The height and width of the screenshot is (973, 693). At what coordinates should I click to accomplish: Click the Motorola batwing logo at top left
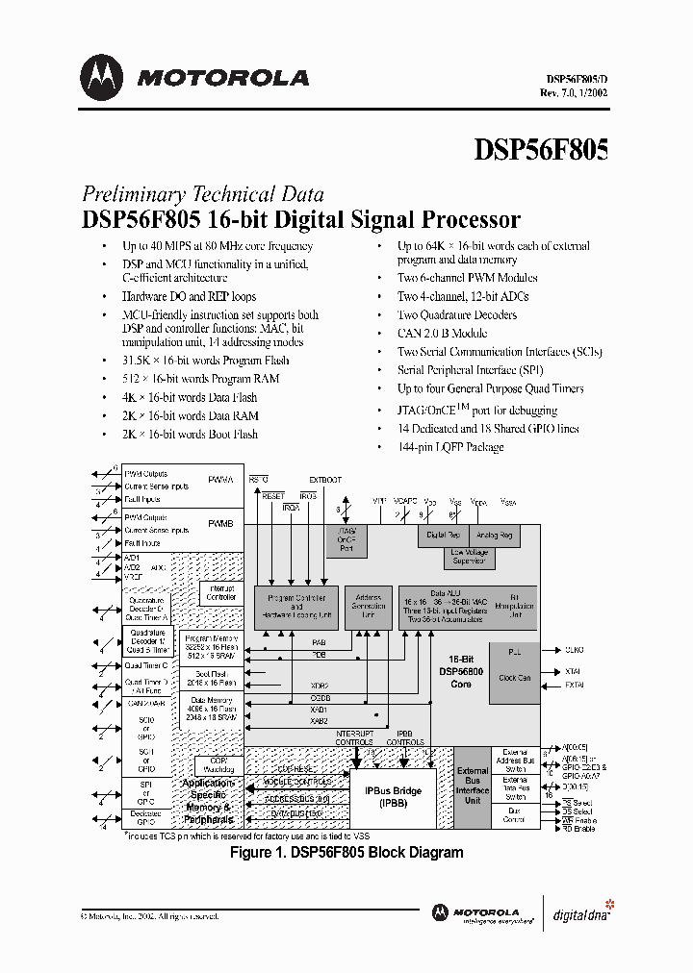point(101,76)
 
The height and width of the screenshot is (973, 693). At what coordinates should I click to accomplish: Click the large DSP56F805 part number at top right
point(541,150)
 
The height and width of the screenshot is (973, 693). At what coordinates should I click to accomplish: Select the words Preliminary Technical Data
point(202,193)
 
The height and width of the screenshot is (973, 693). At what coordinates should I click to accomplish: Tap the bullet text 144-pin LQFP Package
point(450,447)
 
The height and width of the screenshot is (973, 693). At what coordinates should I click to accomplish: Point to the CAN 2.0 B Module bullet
point(443,333)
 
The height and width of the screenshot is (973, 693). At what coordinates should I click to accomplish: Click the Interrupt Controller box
point(220,592)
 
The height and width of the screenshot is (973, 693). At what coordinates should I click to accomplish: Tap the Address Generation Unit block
point(368,607)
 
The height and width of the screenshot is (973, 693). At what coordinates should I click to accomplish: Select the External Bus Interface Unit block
point(473,786)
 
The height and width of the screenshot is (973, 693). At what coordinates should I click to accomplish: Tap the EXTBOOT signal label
point(324,479)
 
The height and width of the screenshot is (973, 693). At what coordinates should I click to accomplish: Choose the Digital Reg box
point(442,535)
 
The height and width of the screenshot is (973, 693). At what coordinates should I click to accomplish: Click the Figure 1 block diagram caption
point(346,852)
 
